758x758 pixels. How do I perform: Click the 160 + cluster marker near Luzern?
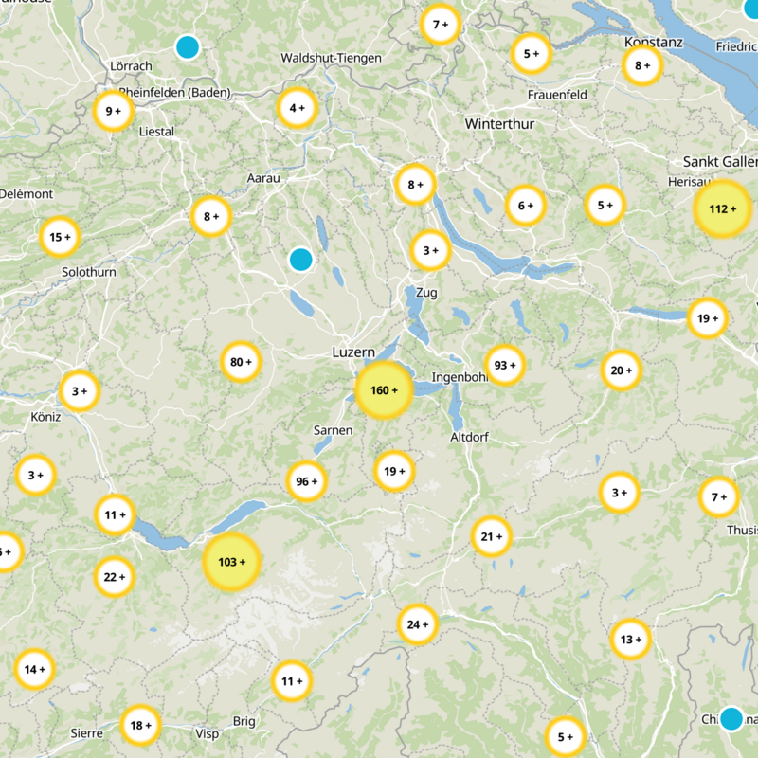click(x=384, y=390)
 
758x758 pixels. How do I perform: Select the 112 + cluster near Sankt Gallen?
click(x=722, y=208)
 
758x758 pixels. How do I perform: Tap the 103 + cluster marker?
click(x=231, y=562)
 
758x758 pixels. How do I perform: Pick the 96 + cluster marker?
click(x=306, y=481)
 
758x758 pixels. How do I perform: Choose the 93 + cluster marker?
click(x=504, y=365)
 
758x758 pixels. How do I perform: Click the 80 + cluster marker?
click(x=241, y=361)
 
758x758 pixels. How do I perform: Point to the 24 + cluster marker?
click(x=418, y=624)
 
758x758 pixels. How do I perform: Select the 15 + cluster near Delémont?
click(x=60, y=237)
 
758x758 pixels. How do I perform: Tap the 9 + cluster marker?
click(x=114, y=111)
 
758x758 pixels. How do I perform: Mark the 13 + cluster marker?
click(x=631, y=640)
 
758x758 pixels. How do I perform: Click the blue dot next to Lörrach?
click(x=188, y=45)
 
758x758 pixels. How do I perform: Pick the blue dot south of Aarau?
click(x=300, y=259)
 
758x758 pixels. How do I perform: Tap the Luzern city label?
click(x=353, y=352)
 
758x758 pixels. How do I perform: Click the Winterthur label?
click(x=500, y=124)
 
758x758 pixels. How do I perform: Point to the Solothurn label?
click(x=88, y=272)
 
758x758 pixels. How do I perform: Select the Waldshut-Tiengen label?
click(x=331, y=59)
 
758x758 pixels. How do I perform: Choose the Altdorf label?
click(x=471, y=437)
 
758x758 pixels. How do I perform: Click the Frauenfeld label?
click(x=557, y=95)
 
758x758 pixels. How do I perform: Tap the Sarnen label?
click(x=333, y=430)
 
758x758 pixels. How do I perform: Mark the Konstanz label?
click(x=654, y=43)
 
